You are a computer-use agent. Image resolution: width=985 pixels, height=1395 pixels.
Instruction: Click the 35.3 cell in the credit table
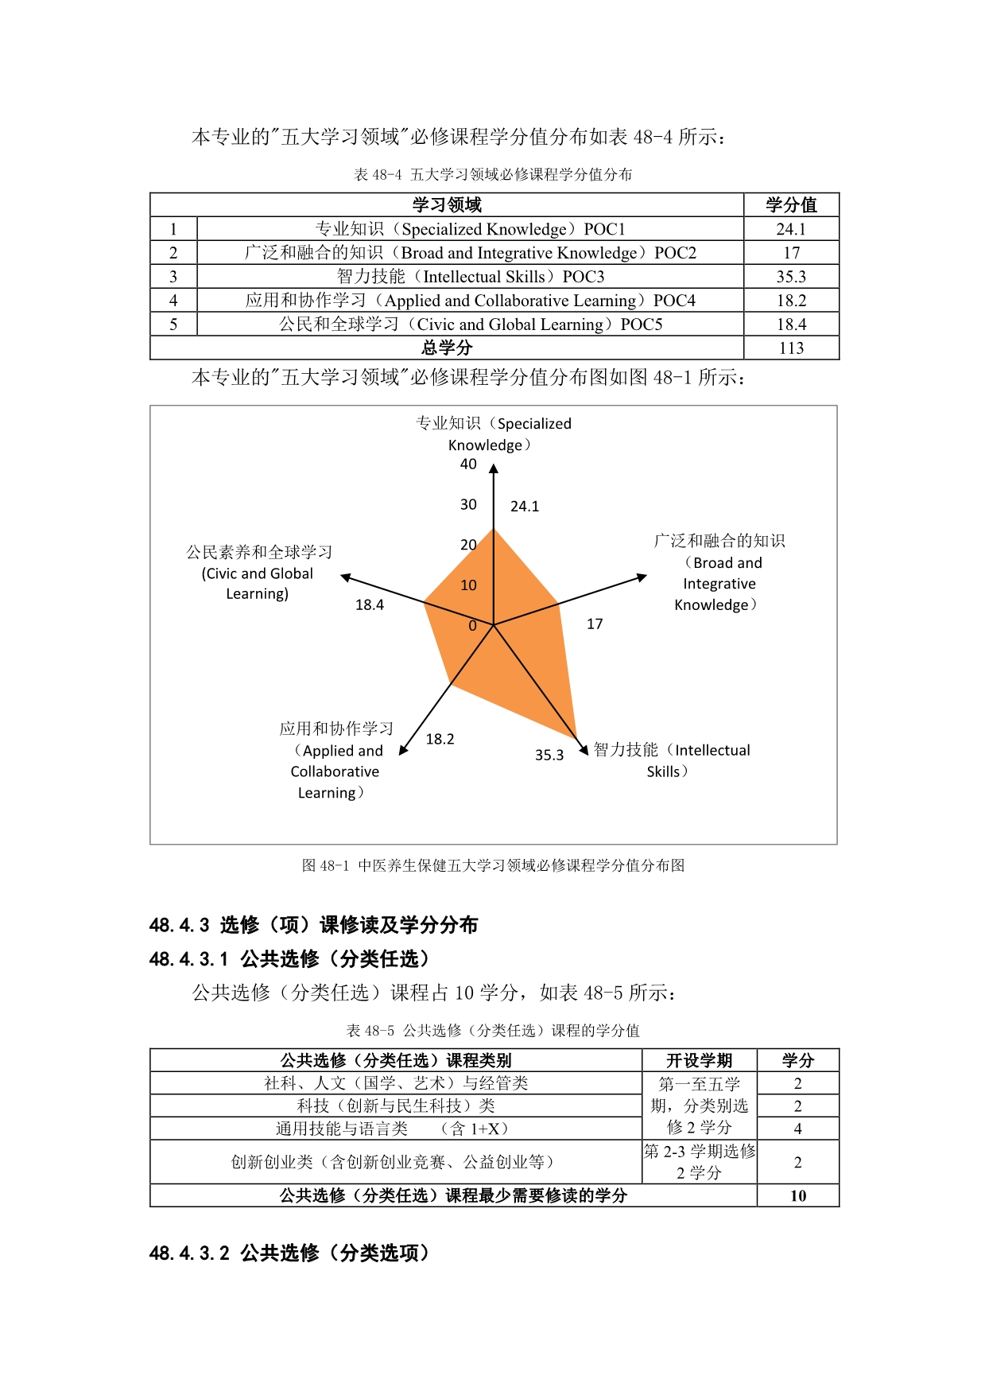(791, 277)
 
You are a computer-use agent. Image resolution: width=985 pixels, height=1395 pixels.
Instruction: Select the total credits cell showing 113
(791, 348)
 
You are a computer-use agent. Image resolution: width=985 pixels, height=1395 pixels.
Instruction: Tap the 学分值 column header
(791, 205)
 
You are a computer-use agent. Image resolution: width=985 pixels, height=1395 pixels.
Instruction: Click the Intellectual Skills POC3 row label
(470, 277)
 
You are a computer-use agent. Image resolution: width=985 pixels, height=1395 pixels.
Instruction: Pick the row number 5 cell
(173, 324)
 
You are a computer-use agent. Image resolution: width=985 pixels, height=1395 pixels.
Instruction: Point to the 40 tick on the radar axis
(468, 464)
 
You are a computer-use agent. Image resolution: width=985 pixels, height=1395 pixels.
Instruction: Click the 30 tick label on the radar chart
(468, 505)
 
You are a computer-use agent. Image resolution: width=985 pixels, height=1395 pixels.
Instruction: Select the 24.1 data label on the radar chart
(525, 507)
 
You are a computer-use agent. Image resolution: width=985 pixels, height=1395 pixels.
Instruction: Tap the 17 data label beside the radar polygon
(595, 624)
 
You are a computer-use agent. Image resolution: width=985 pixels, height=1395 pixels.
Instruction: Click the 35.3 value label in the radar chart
(549, 755)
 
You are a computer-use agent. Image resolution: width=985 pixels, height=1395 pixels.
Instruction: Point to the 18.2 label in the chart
(440, 739)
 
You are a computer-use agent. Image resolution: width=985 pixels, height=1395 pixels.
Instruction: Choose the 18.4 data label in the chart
(369, 605)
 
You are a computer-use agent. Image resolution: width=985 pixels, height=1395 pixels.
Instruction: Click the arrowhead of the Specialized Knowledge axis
(494, 469)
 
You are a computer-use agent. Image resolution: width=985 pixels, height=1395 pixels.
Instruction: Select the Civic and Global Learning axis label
(258, 573)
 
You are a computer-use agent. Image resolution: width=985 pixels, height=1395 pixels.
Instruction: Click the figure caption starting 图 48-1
(493, 865)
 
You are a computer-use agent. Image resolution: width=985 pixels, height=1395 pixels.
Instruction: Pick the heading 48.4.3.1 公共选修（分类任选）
(289, 959)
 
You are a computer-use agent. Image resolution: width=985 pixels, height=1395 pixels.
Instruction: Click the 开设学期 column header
(699, 1060)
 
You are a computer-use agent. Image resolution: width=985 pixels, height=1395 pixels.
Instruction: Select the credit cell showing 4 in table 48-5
(797, 1129)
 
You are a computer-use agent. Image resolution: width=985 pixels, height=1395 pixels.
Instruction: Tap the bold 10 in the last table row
(797, 1196)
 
